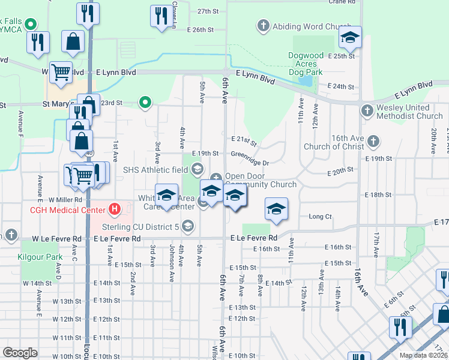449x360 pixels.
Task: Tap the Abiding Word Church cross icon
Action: tap(263, 26)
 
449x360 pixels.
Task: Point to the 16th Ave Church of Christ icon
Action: tap(373, 141)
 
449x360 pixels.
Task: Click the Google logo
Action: tap(20, 353)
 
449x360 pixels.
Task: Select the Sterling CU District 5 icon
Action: tap(187, 226)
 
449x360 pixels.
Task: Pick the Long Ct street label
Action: tap(320, 217)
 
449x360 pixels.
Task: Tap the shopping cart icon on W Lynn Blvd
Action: tap(61, 72)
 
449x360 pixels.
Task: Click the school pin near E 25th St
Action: tap(349, 38)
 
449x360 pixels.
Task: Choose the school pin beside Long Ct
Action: tap(276, 209)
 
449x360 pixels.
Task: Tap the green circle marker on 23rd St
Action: tap(144, 103)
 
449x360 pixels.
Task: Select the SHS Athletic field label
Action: tap(155, 169)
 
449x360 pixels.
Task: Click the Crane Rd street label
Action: tap(342, 2)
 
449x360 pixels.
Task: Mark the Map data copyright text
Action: tap(423, 355)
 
